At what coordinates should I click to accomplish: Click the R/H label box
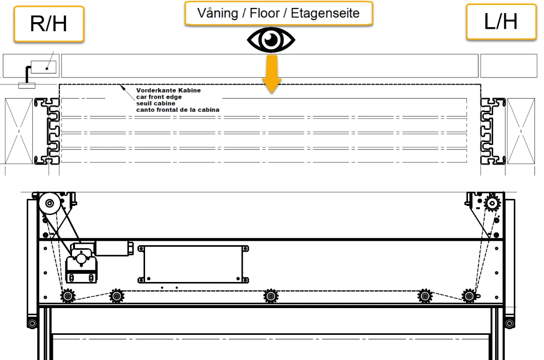pos(49,24)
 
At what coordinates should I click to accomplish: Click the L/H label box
pos(501,22)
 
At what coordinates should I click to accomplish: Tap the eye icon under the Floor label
pos(271,40)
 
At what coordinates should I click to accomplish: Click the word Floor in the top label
pos(264,13)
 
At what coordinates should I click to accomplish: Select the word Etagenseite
pos(325,13)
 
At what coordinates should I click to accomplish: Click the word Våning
pos(218,13)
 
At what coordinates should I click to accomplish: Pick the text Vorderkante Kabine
pos(168,90)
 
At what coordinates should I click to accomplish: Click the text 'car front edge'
pos(159,97)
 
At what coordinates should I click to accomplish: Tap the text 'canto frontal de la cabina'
pos(178,110)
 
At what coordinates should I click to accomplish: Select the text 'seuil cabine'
pos(156,103)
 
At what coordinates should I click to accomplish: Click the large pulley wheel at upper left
pos(49,203)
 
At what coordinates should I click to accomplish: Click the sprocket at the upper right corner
pos(492,203)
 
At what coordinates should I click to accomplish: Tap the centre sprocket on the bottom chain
pos(270,296)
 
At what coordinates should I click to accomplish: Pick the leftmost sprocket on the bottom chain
pos(67,296)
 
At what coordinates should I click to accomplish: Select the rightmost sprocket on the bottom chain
pos(469,296)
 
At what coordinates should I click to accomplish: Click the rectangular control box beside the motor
pos(193,264)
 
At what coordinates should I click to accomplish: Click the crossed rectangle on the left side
pos(19,131)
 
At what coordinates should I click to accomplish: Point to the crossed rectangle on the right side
pos(521,131)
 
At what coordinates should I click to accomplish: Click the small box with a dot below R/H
pos(43,67)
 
